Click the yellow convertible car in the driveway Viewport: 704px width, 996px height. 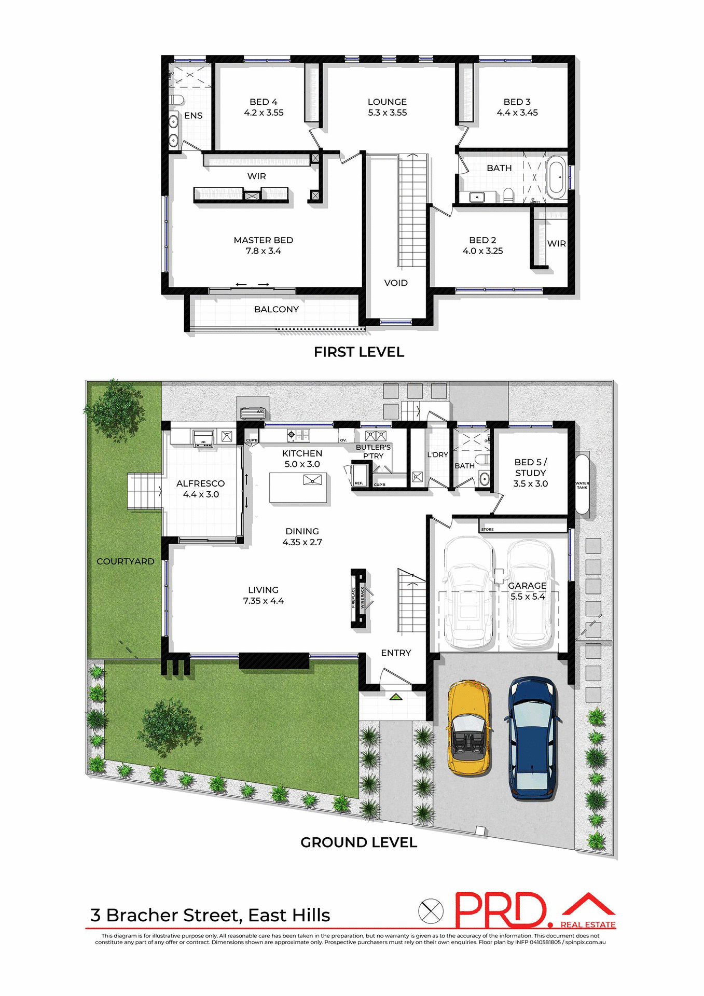[x=468, y=728]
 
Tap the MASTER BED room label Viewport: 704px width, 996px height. [x=263, y=245]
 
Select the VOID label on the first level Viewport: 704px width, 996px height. [x=396, y=283]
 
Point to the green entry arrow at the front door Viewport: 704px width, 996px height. [x=396, y=697]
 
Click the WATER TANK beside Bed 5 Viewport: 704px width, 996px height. [x=582, y=485]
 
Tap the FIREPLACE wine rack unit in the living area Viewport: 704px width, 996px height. [x=358, y=598]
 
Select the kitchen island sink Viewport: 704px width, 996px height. [x=312, y=480]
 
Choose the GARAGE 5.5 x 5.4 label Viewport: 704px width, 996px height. [x=527, y=591]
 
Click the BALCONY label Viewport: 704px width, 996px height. [x=276, y=309]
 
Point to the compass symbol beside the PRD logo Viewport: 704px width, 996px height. [x=431, y=910]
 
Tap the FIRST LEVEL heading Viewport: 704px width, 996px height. [x=358, y=352]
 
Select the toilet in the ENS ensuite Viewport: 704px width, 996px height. [x=176, y=100]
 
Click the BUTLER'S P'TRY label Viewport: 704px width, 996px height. [x=373, y=451]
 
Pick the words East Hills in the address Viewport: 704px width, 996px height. [x=289, y=915]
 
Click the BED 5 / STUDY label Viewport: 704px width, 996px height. [x=530, y=473]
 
